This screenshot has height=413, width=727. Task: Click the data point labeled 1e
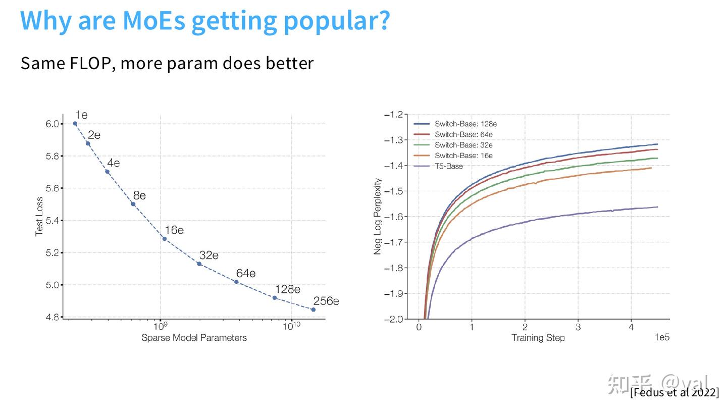75,123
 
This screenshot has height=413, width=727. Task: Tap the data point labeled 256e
314,309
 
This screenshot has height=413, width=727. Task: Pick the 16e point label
174,230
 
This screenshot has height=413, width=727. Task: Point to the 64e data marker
236,282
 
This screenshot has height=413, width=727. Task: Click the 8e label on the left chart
139,195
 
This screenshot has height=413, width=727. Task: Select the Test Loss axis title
39,217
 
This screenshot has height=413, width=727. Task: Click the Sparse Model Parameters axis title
194,338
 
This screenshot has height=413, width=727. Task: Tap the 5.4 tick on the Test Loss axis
53,221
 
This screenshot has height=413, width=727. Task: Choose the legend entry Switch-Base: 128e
465,124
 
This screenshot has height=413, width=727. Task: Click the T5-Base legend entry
448,166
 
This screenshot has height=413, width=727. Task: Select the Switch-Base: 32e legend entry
463,145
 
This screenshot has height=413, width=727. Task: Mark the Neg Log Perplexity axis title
378,216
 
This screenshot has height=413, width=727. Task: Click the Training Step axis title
538,338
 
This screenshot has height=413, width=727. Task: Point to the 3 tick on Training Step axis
578,327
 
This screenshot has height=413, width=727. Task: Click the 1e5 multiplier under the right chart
662,337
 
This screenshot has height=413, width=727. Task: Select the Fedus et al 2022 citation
674,392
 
